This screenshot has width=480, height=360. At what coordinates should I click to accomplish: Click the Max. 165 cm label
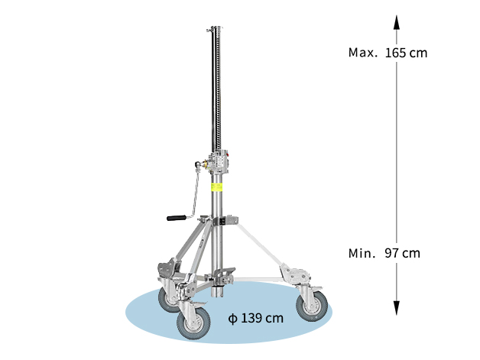[388, 53]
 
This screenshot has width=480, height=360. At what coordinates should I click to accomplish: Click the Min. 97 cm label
[384, 253]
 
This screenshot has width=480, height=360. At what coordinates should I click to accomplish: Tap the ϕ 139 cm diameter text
[256, 318]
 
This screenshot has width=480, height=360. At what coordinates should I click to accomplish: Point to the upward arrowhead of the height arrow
[397, 22]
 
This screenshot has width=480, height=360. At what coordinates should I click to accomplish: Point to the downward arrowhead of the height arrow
[397, 308]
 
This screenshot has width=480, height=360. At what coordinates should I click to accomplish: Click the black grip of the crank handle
[177, 218]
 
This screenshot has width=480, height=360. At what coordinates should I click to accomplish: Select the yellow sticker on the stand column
[216, 187]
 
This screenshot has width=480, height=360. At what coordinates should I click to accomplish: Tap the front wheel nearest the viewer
[193, 323]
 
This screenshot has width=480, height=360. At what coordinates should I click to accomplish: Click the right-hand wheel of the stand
[312, 306]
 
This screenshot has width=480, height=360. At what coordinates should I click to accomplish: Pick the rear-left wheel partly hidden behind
[167, 300]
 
